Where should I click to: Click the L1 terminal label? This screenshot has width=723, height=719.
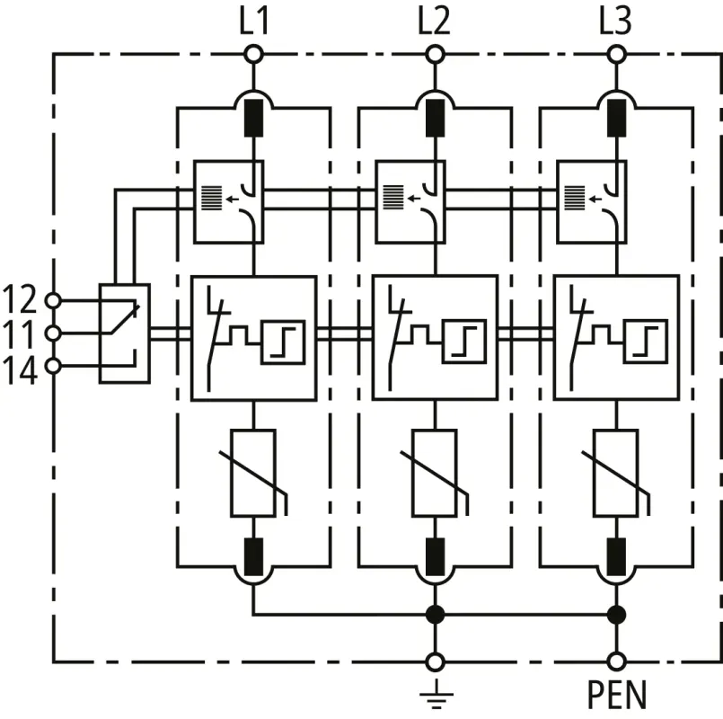[253, 21]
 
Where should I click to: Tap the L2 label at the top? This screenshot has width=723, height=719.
[435, 21]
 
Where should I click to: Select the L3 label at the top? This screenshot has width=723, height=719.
[616, 21]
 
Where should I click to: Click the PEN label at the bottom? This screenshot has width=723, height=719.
[617, 695]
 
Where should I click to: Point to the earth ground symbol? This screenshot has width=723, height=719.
[435, 695]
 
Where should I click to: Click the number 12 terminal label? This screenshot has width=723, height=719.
[21, 297]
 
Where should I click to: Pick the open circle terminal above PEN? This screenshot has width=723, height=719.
[616, 662]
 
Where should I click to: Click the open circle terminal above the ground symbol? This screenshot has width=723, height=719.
[435, 662]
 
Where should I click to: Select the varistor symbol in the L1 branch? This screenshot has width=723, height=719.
[253, 474]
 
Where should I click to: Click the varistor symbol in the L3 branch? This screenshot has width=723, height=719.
[616, 474]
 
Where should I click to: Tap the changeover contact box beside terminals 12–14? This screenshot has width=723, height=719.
[124, 333]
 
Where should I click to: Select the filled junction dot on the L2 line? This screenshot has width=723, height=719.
[435, 616]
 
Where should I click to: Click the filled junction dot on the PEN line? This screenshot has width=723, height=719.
[616, 616]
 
